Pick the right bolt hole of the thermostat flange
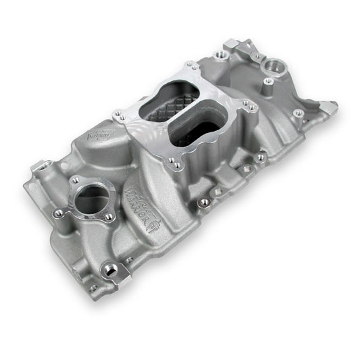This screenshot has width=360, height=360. tap(109, 217)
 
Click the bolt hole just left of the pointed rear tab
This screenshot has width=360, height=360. tap(298, 113)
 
